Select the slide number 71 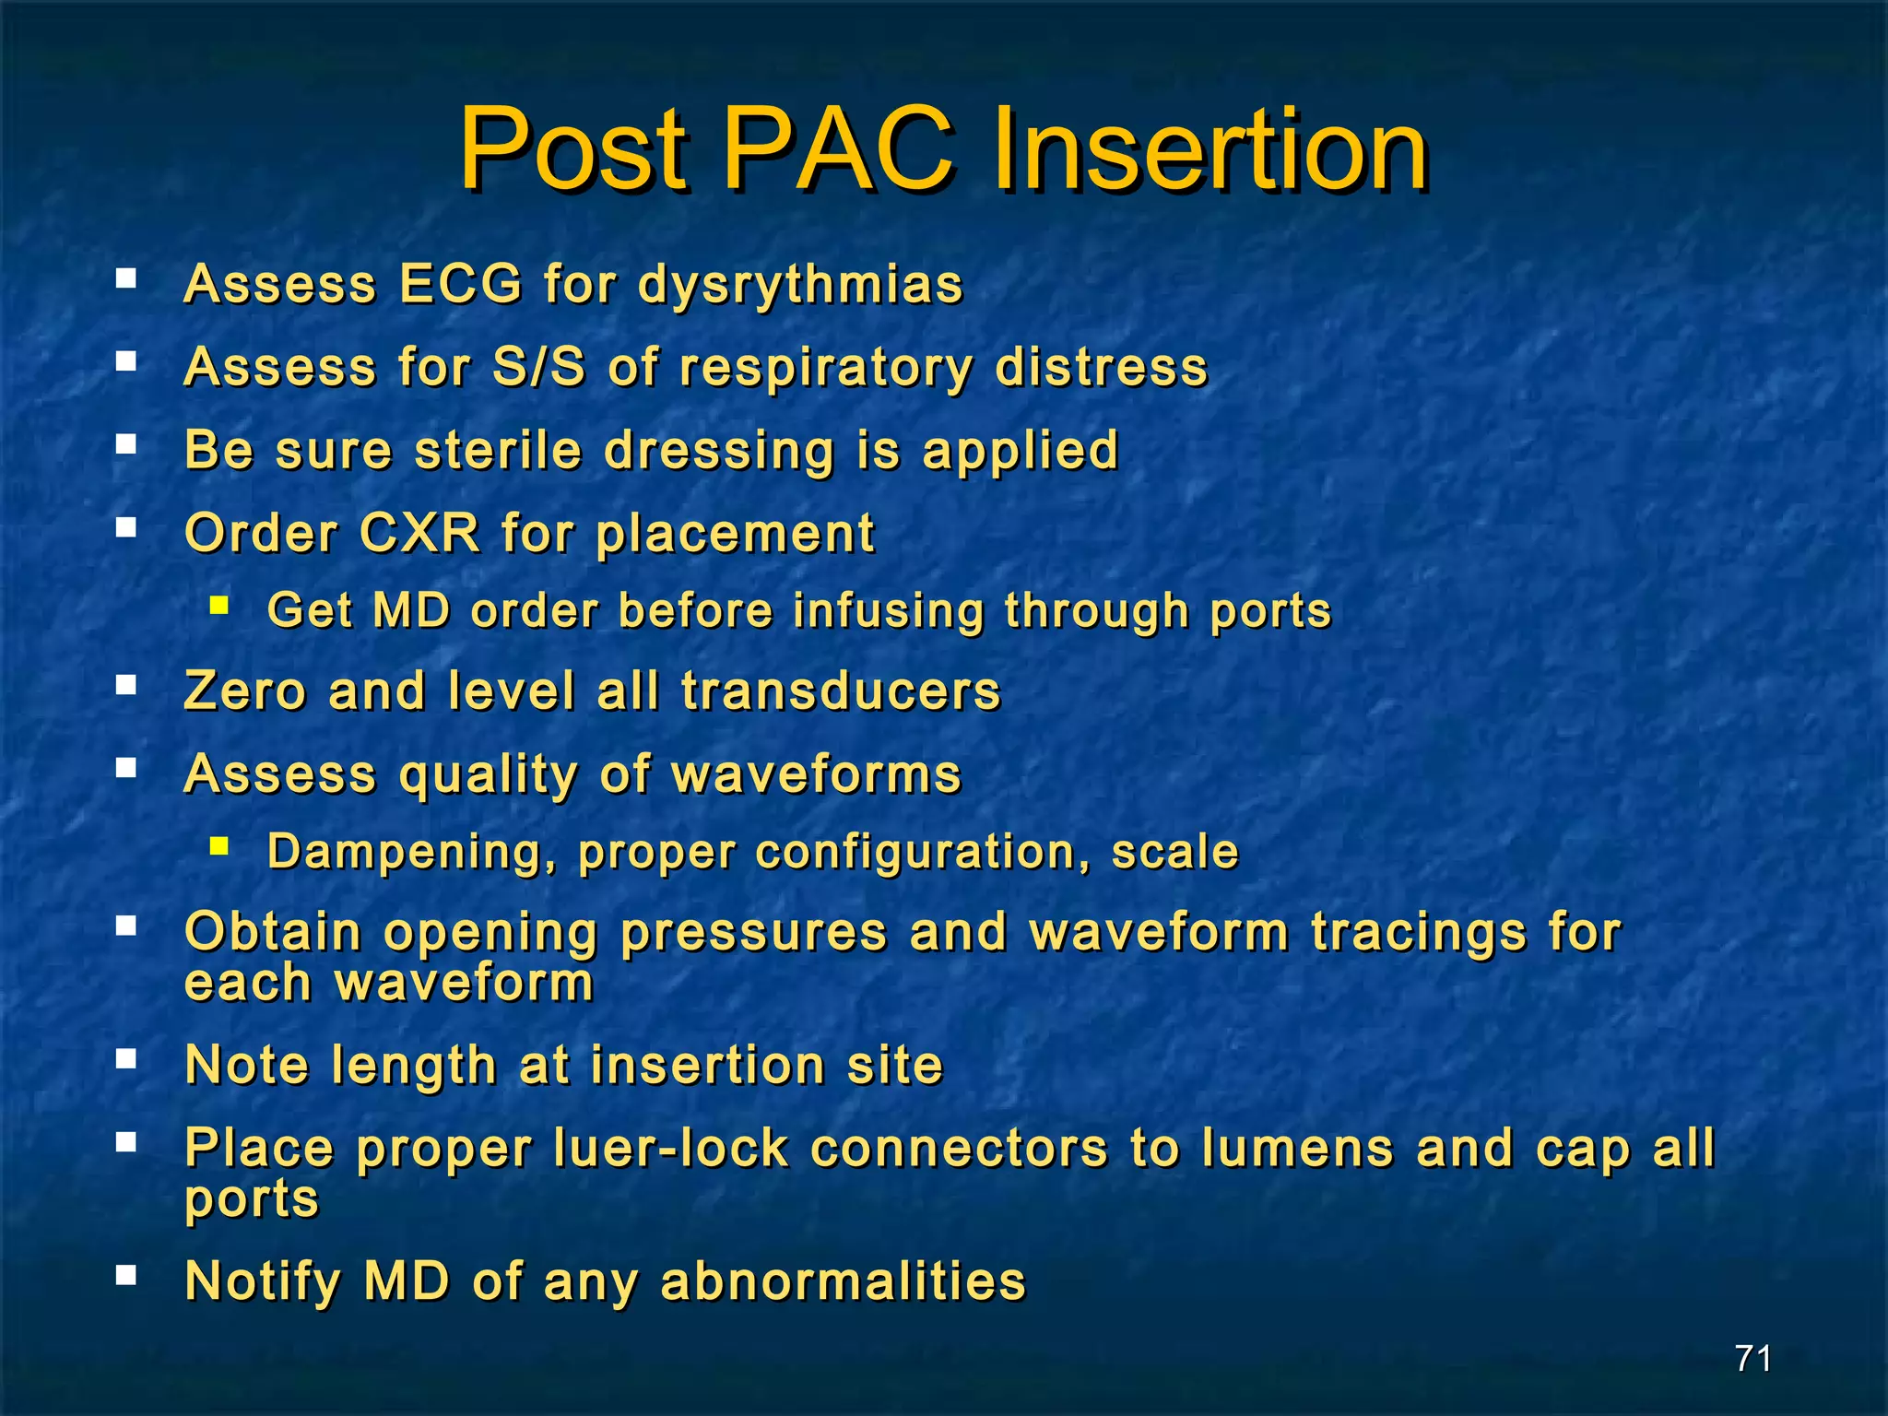1752,1358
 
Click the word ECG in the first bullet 460,283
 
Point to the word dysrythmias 800,285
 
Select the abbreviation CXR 419,533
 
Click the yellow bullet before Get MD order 218,606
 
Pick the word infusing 889,611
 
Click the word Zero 244,690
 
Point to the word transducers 841,690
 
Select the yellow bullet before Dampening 218,845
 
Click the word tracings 1419,932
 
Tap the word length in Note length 414,1067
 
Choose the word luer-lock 670,1149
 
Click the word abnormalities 843,1280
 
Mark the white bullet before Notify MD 126,1275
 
